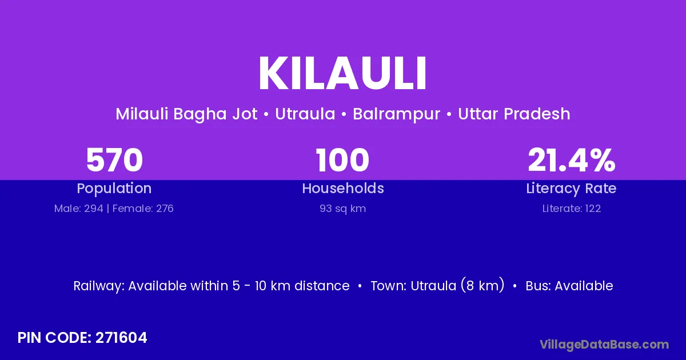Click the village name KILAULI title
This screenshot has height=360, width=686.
[342, 74]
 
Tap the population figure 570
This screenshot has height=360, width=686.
[114, 160]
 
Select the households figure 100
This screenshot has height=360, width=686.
[342, 160]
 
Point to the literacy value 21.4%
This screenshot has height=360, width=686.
[572, 160]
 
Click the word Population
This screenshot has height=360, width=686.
[114, 189]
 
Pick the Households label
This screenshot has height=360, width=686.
[343, 188]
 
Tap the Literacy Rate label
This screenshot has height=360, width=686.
[571, 189]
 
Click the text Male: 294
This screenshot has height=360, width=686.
[79, 209]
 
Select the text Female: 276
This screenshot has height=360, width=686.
[143, 209]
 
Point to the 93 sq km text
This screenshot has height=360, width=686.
[342, 209]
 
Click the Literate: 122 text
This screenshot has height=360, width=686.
[572, 209]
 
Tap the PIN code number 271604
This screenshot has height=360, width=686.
[121, 338]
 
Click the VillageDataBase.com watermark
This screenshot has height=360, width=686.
[604, 345]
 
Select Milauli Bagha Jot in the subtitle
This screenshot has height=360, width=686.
[186, 114]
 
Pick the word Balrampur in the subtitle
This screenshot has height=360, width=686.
[396, 114]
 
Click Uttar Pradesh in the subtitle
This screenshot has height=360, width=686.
[514, 114]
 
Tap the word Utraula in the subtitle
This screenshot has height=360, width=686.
[305, 114]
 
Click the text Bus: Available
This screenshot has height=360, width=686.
[569, 286]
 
